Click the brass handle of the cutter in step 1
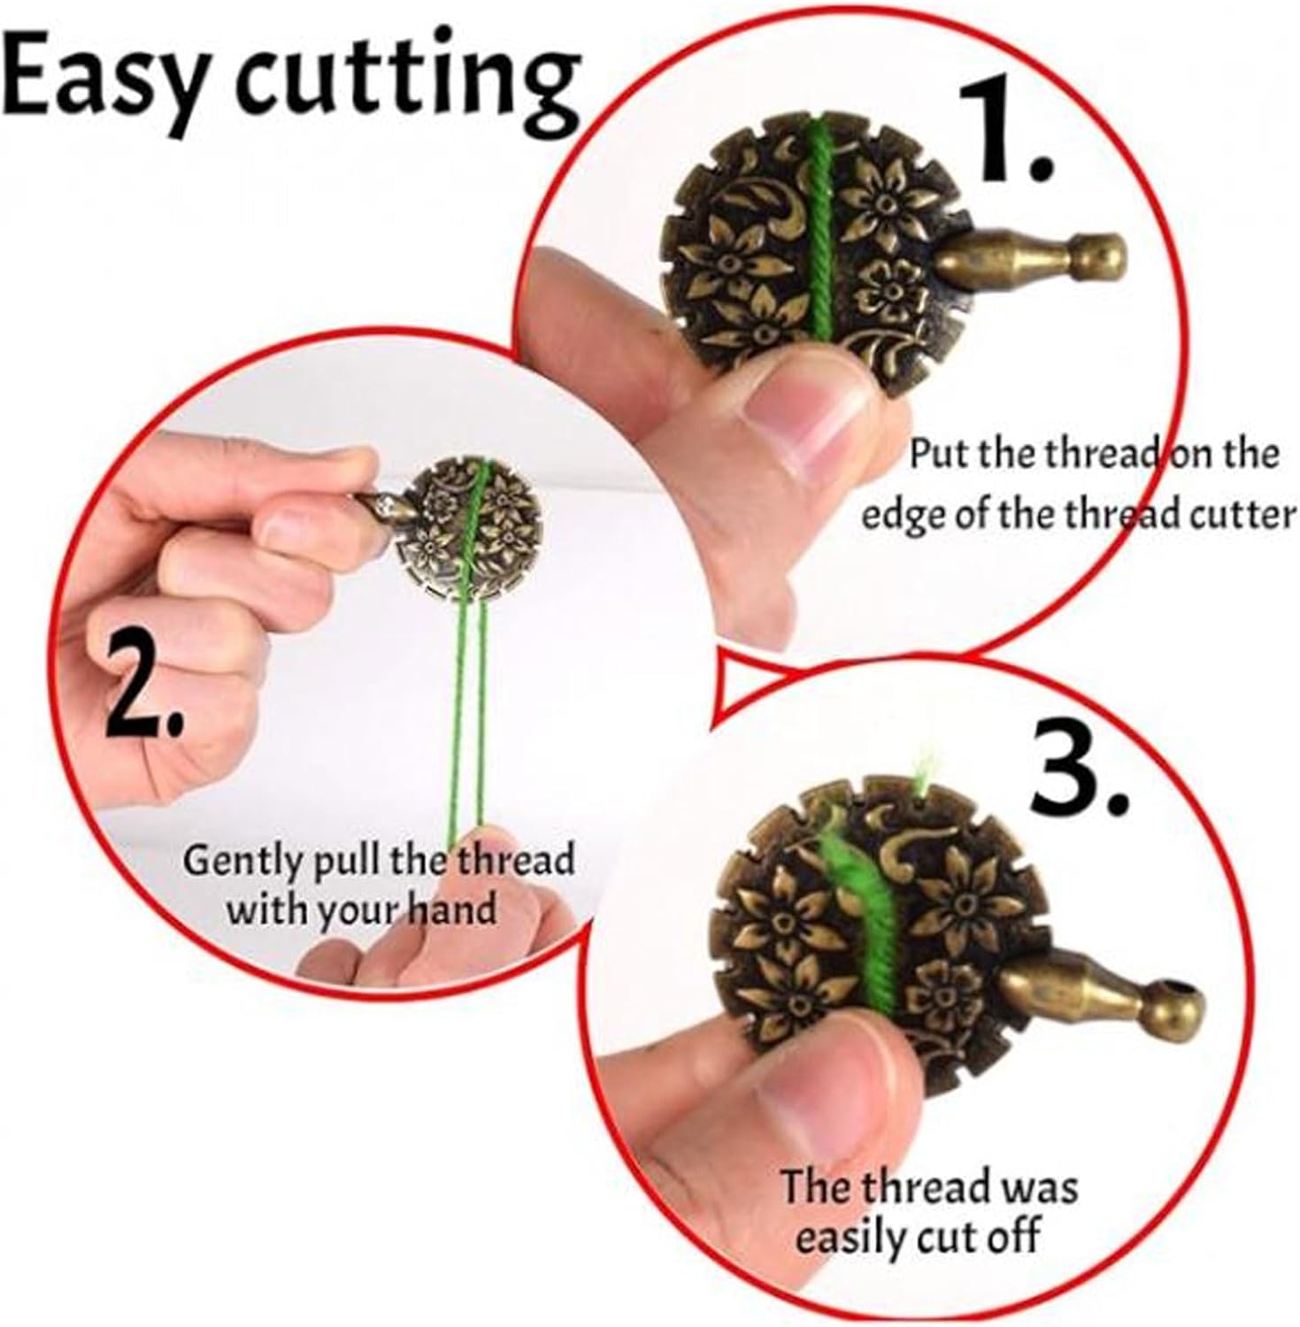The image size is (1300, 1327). [x=1030, y=258]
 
